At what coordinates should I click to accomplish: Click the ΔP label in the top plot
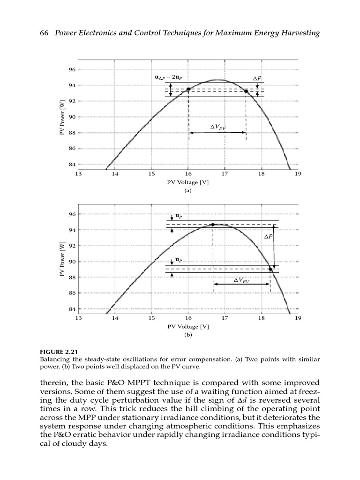click(x=257, y=78)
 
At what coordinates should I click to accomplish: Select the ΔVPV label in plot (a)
click(x=217, y=127)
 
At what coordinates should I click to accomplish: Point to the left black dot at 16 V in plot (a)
click(x=188, y=89)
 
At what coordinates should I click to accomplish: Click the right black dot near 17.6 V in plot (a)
click(x=246, y=91)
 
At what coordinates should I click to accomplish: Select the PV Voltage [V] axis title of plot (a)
click(x=188, y=182)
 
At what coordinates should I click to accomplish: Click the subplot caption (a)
click(x=188, y=191)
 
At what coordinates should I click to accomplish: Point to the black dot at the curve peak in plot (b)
click(x=213, y=225)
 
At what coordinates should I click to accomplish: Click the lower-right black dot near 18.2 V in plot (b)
click(x=270, y=269)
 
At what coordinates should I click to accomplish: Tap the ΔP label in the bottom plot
click(x=268, y=237)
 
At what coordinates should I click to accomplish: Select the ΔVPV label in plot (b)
click(x=241, y=280)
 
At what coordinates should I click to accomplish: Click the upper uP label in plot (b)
click(x=179, y=216)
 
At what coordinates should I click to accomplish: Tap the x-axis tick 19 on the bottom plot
click(x=298, y=318)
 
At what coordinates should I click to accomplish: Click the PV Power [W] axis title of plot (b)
click(x=62, y=258)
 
